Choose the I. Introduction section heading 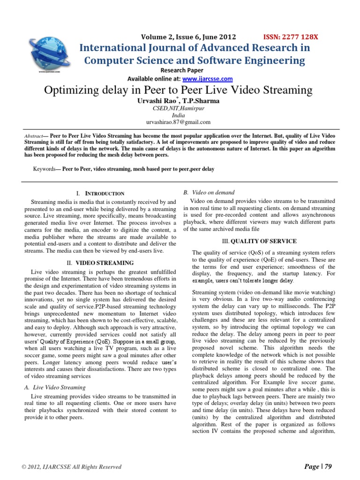click(x=100, y=193)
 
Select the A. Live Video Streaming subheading click(x=54, y=387)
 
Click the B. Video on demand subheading click(x=210, y=193)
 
